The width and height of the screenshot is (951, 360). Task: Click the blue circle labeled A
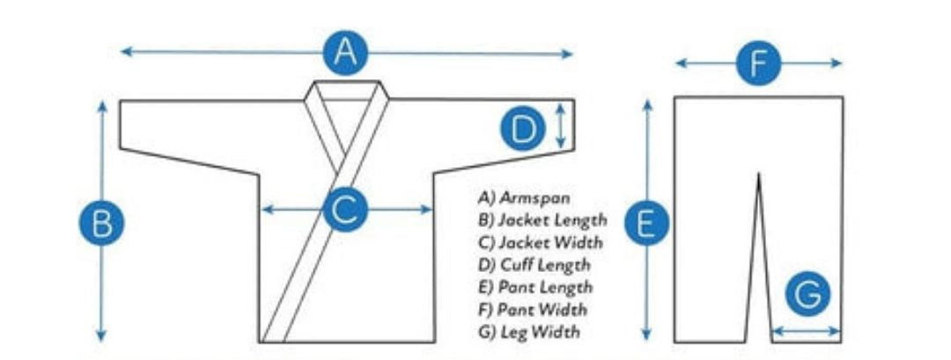pyautogui.click(x=345, y=54)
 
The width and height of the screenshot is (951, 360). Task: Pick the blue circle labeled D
pyautogui.click(x=525, y=129)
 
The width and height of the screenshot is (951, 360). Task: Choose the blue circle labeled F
pyautogui.click(x=759, y=62)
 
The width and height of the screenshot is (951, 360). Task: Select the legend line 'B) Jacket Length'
pyautogui.click(x=542, y=219)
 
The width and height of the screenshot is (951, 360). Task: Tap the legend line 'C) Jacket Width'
pyautogui.click(x=541, y=242)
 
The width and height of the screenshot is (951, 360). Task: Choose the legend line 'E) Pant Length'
pyautogui.click(x=535, y=287)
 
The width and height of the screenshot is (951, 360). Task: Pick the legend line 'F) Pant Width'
pyautogui.click(x=533, y=309)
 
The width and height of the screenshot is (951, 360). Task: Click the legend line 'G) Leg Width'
pyautogui.click(x=529, y=332)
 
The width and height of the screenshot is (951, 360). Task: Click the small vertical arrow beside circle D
pyautogui.click(x=561, y=125)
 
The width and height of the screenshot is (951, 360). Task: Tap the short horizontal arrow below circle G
pyautogui.click(x=806, y=333)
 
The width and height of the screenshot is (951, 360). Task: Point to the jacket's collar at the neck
pyautogui.click(x=348, y=88)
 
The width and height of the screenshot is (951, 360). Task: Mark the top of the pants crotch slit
pyautogui.click(x=759, y=175)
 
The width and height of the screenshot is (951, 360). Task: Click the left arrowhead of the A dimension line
pyautogui.click(x=125, y=52)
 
